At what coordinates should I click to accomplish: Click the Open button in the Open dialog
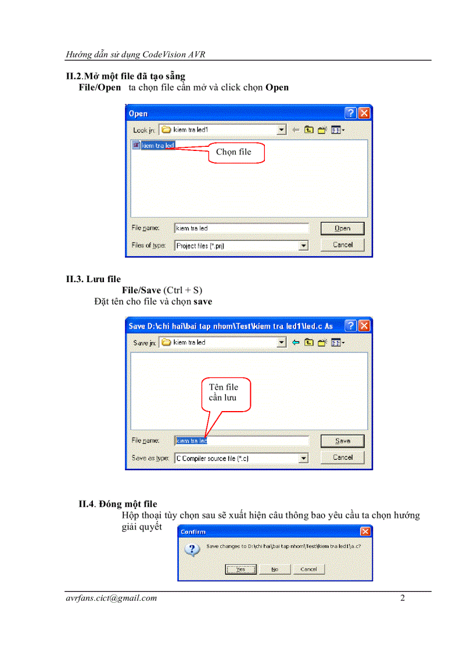coord(343,228)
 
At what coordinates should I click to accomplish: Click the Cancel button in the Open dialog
coord(343,245)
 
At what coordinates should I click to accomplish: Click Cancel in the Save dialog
coord(343,458)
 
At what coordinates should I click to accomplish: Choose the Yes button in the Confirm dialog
coord(240,569)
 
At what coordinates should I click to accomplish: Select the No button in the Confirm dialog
coord(275,569)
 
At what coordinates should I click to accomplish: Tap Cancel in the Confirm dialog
coord(308,569)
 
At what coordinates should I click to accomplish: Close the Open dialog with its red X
coord(364,113)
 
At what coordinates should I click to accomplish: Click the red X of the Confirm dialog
coord(365,531)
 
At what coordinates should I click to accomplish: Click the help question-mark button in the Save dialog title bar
coord(351,326)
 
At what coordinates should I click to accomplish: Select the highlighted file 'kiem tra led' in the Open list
coord(157,145)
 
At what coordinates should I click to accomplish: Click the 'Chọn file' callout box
coord(236,153)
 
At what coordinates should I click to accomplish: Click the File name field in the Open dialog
coord(241,228)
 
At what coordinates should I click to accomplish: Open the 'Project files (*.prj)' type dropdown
coord(241,246)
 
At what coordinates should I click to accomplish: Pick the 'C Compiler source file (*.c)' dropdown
coord(241,458)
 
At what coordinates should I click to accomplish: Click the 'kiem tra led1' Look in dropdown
coord(224,130)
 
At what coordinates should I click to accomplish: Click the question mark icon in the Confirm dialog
coord(192,549)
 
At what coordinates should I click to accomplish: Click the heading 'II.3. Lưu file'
coord(94,279)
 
